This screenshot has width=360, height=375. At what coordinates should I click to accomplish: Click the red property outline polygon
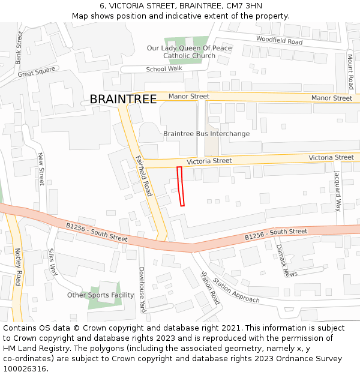pos(180,187)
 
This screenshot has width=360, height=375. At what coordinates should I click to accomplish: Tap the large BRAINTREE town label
pos(123,100)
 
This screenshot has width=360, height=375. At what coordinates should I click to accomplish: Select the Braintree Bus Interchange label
pos(206,134)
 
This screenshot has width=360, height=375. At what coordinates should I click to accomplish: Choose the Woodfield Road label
pos(279,41)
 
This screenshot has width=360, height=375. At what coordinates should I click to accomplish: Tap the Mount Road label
pos(350,71)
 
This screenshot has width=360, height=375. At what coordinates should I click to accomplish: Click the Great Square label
pos(36,74)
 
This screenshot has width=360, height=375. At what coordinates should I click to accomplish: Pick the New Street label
pos(41,169)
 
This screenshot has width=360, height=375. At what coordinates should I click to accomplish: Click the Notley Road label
pos(18,267)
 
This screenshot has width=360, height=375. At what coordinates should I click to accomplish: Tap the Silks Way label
pos(52,262)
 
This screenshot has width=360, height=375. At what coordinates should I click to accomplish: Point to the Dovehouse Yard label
pos(142,290)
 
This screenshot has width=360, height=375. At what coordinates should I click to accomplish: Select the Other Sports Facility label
pos(100,295)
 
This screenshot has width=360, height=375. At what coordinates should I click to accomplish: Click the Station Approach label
pos(236,291)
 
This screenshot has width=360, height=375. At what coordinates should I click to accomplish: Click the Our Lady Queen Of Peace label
pos(189,48)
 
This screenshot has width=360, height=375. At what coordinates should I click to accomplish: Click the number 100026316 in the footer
pos(25,369)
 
